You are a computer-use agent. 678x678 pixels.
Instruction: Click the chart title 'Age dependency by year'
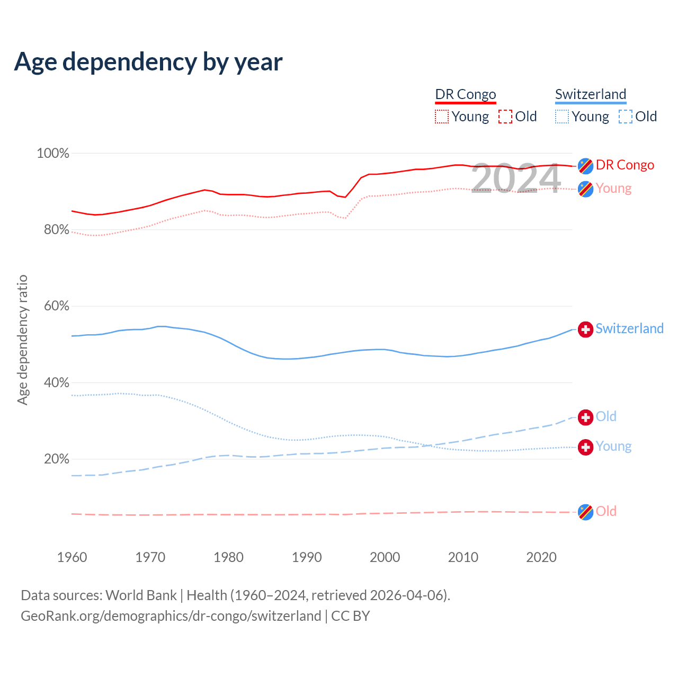148,61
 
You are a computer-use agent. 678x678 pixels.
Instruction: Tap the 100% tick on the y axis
53,154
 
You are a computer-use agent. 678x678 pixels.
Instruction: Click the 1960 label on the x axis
72,557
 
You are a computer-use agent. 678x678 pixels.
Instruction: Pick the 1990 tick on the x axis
307,557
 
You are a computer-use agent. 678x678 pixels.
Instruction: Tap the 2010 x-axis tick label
463,557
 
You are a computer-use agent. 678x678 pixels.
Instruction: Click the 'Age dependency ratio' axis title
22,340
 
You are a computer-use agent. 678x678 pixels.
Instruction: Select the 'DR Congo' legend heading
466,94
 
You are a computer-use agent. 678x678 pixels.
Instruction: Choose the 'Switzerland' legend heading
591,94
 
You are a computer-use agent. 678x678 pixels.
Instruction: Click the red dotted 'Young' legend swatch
442,117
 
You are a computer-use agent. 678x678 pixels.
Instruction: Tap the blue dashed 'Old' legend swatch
626,117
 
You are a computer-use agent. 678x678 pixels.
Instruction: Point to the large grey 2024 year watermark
515,179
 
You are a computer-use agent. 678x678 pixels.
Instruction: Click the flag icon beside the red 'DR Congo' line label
585,166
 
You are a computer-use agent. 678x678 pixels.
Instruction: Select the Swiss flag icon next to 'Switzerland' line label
585,329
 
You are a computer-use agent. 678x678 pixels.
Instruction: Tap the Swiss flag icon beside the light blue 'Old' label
585,417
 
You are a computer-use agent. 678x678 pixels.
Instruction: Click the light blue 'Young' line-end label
613,447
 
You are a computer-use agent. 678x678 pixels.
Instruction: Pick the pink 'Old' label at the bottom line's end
606,511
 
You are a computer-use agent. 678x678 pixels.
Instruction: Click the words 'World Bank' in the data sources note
141,595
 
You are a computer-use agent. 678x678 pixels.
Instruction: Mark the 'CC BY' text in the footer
350,616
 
